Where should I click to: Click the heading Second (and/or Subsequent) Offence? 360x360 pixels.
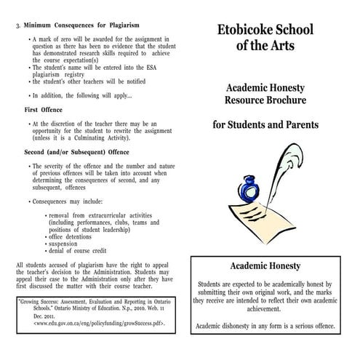pos(76,153)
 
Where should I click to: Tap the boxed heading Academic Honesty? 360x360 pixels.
pos(265,266)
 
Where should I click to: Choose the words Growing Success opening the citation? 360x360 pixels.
pos(39,300)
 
